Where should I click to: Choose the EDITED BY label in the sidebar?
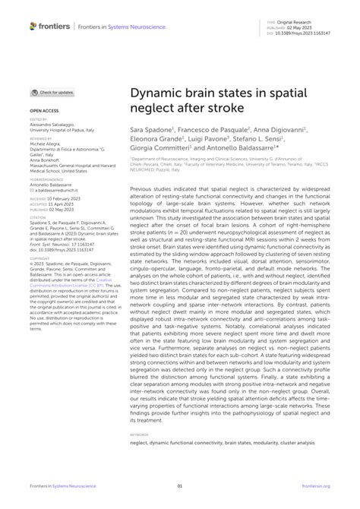(x=38, y=119)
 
